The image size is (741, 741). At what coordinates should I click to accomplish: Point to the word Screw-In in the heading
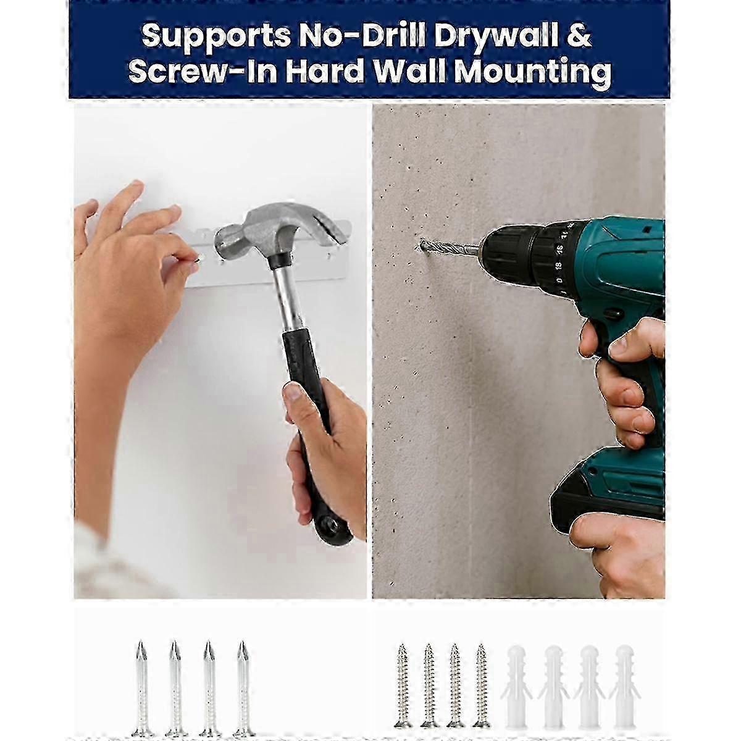coord(203,71)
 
